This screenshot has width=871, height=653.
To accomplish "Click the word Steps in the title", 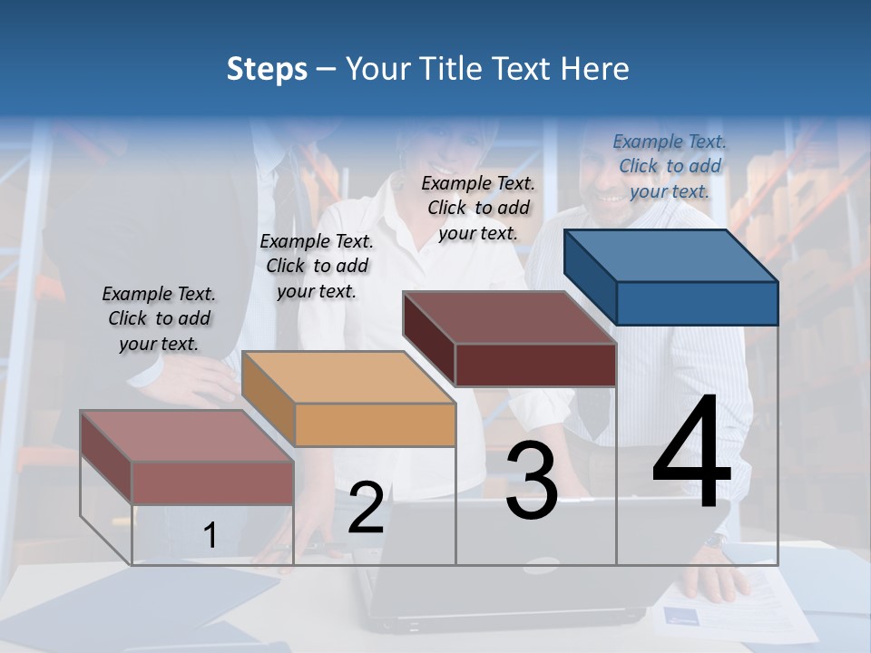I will pos(267,69).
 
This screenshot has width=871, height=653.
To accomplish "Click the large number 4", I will pos(691,453).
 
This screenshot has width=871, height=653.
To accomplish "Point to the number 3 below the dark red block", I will pos(532,481).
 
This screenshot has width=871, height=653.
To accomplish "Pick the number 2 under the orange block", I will pos(366,508).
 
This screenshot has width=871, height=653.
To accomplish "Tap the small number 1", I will pos(210,535).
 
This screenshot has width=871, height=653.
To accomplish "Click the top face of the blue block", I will pos(671,256).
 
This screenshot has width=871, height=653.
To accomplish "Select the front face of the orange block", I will pos(375,424).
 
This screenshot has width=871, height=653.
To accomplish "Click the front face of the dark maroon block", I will pos(535,365).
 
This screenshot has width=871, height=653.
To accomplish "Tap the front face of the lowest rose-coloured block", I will pos(212,482).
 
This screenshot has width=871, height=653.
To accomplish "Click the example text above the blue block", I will pos(670,166).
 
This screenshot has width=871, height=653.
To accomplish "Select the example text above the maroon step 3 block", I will pos(478,208).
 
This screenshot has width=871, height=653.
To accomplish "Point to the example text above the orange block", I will pos(317,266).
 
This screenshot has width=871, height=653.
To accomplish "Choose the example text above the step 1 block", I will pos(159,318).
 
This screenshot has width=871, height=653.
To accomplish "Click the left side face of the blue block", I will pos(590,277).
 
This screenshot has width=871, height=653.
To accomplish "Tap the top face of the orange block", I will pos(347,377).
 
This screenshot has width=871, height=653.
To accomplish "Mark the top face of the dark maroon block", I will pos(509,317).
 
